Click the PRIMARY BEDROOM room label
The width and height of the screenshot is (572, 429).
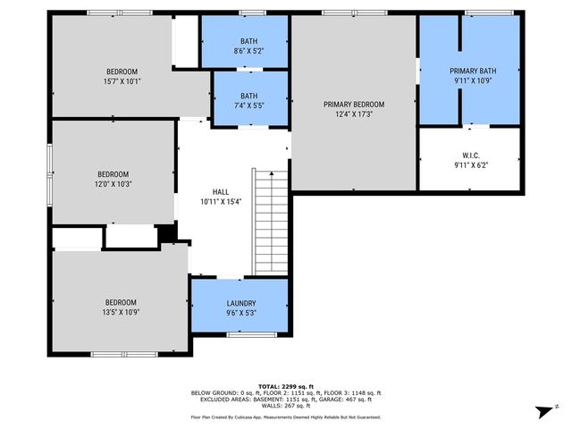[354, 104]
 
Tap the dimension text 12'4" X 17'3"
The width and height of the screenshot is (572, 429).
[354, 114]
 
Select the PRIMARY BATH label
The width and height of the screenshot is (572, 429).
[473, 71]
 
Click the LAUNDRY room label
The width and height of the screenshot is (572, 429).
[240, 303]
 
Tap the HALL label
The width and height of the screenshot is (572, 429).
[221, 191]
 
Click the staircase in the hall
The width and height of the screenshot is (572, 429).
[271, 222]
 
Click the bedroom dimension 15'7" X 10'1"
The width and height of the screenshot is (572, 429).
[122, 81]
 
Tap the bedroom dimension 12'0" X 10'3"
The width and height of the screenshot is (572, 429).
[114, 183]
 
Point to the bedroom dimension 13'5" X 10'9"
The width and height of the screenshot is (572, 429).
[122, 312]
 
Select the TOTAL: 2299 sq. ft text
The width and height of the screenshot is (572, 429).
[286, 386]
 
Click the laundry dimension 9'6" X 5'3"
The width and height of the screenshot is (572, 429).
[240, 313]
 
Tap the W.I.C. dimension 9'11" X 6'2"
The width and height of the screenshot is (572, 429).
[471, 164]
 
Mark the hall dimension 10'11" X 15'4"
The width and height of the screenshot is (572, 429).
[221, 201]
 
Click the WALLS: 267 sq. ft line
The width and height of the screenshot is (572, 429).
[286, 407]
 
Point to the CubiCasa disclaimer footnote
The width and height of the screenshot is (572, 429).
[286, 416]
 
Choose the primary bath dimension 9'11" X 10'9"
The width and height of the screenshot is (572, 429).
[473, 81]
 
